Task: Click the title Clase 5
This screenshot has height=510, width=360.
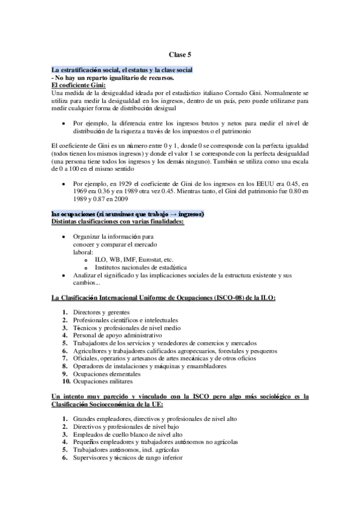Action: click(x=180, y=55)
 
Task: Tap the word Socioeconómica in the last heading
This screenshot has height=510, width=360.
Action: click(x=125, y=405)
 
